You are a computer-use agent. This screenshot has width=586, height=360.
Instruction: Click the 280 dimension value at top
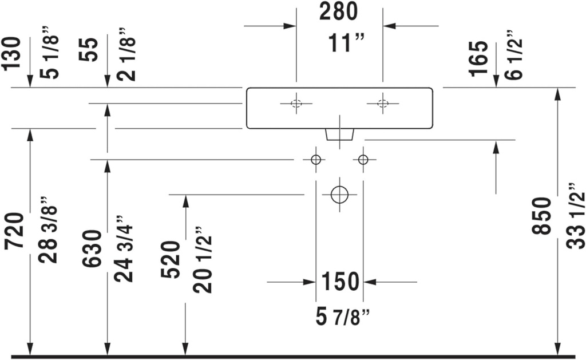339,11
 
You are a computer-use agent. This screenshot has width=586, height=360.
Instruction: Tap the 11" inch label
346,42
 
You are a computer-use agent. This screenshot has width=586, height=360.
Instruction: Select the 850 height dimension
542,216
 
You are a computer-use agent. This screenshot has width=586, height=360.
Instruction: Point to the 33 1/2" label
576,216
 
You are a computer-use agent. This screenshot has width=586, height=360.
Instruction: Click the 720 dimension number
14,231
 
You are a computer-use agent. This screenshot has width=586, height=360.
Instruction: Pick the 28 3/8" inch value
48,230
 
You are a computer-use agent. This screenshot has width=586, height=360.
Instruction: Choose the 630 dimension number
92,248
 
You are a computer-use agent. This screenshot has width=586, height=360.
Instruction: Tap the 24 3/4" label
124,248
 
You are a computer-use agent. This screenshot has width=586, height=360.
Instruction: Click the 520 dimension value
171,260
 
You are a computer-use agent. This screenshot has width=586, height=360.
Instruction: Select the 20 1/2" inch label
203,259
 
